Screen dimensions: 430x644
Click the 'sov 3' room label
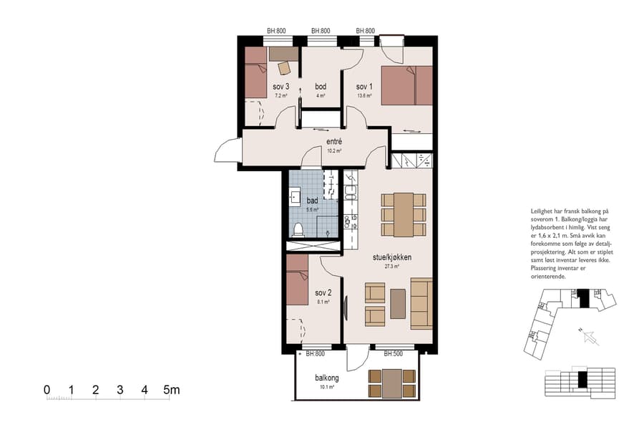click(280, 87)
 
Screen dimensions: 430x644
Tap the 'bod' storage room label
click(321, 87)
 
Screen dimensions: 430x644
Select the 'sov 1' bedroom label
click(364, 87)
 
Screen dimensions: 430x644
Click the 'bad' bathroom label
click(312, 201)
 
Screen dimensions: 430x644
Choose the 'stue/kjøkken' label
click(391, 257)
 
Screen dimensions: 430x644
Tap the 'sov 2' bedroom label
click(323, 293)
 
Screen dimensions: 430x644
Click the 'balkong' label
click(326, 378)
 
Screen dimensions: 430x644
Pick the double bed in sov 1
click(406, 86)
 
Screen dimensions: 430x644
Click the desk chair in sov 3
click(284, 68)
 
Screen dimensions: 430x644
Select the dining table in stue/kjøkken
click(403, 214)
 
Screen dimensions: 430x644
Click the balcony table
click(392, 383)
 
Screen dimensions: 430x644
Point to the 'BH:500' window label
click(392, 353)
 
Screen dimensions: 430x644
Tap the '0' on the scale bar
click(47, 390)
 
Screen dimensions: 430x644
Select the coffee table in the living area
click(398, 303)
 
